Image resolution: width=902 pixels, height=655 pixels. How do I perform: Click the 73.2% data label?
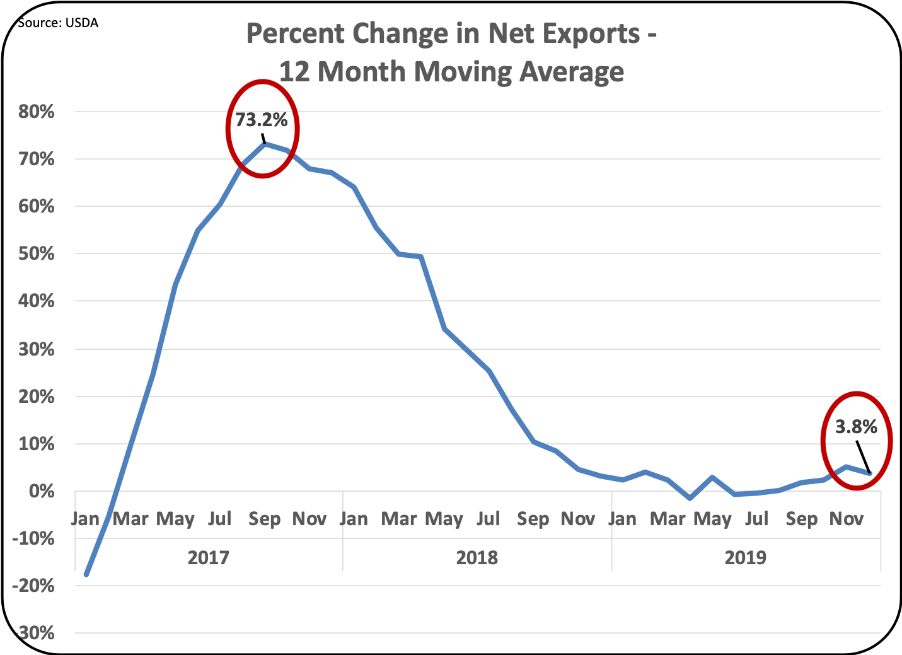point(262,120)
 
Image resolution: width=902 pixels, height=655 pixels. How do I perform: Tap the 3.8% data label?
point(856,427)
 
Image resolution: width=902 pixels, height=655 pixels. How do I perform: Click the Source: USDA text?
point(58,23)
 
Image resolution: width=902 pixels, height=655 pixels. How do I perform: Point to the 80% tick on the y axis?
point(37,112)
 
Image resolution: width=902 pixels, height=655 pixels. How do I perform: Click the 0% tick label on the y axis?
point(42,492)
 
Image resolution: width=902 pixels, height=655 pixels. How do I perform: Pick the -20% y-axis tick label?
point(33,586)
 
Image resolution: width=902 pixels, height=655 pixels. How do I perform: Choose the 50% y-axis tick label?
point(37,254)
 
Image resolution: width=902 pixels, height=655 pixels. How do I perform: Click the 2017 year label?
point(208,557)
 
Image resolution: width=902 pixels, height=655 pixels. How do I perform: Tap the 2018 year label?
point(477,557)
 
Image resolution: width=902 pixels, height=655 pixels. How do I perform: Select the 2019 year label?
point(745,557)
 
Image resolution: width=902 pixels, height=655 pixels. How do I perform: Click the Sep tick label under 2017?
point(264,519)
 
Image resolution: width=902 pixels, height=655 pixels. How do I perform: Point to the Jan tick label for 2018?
point(354,519)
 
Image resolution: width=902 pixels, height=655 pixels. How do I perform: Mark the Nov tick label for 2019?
point(846,519)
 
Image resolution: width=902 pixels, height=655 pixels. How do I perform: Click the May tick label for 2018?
point(444,519)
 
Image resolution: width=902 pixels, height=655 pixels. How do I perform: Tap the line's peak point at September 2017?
point(265,144)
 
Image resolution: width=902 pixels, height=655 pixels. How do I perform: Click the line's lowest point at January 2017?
point(86,575)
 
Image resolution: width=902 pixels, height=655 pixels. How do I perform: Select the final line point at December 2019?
point(870,473)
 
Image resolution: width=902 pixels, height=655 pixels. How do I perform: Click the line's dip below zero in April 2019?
point(690,498)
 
